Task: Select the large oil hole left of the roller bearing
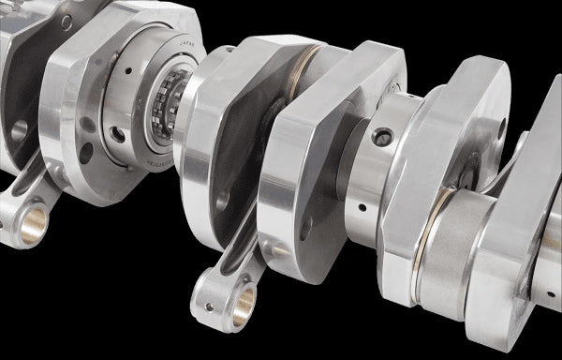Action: tap(118, 134)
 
